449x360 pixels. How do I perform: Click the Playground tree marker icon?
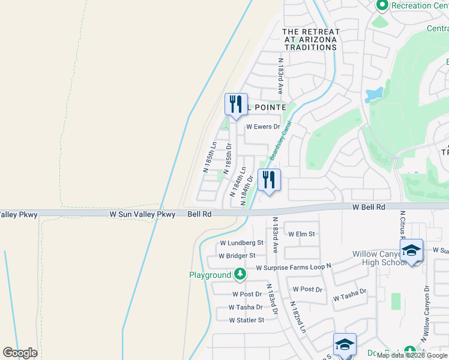[240, 275]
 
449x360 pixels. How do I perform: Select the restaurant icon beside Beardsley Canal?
[269, 178]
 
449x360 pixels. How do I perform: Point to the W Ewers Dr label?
[264, 127]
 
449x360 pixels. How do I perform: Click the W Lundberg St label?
[242, 243]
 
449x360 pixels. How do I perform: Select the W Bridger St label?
[237, 256]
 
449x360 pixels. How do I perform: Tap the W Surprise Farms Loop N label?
[294, 268]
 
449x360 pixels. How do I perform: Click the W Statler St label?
[247, 320]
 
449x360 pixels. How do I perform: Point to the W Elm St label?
[301, 234]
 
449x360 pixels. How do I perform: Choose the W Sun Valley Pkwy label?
[142, 214]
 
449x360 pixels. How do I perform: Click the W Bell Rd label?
[368, 207]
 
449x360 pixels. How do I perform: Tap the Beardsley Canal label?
[280, 140]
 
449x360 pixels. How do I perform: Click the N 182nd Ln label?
[298, 319]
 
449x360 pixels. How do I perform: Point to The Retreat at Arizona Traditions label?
[311, 40]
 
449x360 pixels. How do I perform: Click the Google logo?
[20, 353]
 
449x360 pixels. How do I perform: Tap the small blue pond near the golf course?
[375, 94]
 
